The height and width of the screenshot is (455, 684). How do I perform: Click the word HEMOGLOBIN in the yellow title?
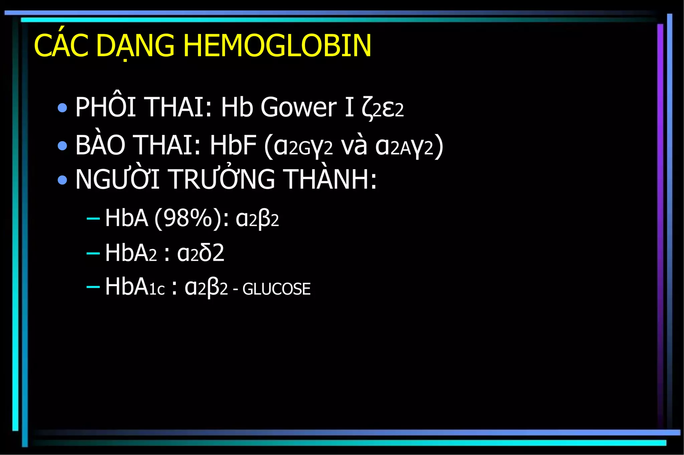tap(277, 46)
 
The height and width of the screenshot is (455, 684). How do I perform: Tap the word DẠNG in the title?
tap(135, 46)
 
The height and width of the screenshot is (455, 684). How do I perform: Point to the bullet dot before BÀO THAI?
tap(62, 146)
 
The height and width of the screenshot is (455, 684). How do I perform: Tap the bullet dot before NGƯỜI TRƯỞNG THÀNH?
tap(62, 180)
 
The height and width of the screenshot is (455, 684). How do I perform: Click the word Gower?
tap(298, 107)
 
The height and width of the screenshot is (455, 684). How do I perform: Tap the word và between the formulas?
tap(354, 146)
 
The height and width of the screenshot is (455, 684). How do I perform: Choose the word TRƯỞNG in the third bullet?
tap(222, 179)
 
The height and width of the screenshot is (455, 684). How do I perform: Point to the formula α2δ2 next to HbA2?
tap(200, 253)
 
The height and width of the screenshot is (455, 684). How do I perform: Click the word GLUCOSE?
tap(277, 289)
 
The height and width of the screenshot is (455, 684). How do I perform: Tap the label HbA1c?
tap(135, 287)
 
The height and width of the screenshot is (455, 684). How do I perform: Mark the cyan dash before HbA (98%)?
tap(93, 219)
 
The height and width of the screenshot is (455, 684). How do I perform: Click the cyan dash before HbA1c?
tap(93, 286)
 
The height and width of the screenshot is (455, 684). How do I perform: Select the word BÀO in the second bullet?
tap(100, 145)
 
